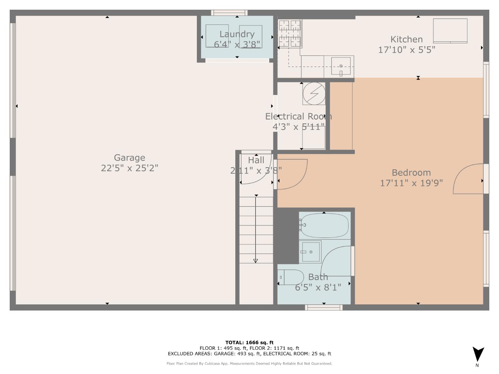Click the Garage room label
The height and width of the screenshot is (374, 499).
129,158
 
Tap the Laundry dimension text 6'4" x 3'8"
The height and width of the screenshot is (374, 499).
237,44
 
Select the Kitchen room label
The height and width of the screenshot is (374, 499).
406,39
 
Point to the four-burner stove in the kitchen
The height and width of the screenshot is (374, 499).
290,33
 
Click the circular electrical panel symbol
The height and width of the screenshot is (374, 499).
314,93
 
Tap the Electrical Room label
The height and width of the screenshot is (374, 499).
298,116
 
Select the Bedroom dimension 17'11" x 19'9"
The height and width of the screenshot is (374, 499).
411,183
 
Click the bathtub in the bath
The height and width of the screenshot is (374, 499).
324,225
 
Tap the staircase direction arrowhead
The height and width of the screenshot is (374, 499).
256,261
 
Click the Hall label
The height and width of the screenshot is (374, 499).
256,160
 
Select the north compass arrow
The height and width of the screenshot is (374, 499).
478,354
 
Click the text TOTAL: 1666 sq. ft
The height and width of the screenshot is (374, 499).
249,342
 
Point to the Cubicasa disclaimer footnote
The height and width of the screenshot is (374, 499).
249,364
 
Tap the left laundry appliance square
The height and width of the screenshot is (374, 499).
217,36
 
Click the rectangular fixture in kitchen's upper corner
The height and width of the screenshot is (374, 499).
450,31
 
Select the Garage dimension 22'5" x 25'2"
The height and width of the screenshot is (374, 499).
129,168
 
